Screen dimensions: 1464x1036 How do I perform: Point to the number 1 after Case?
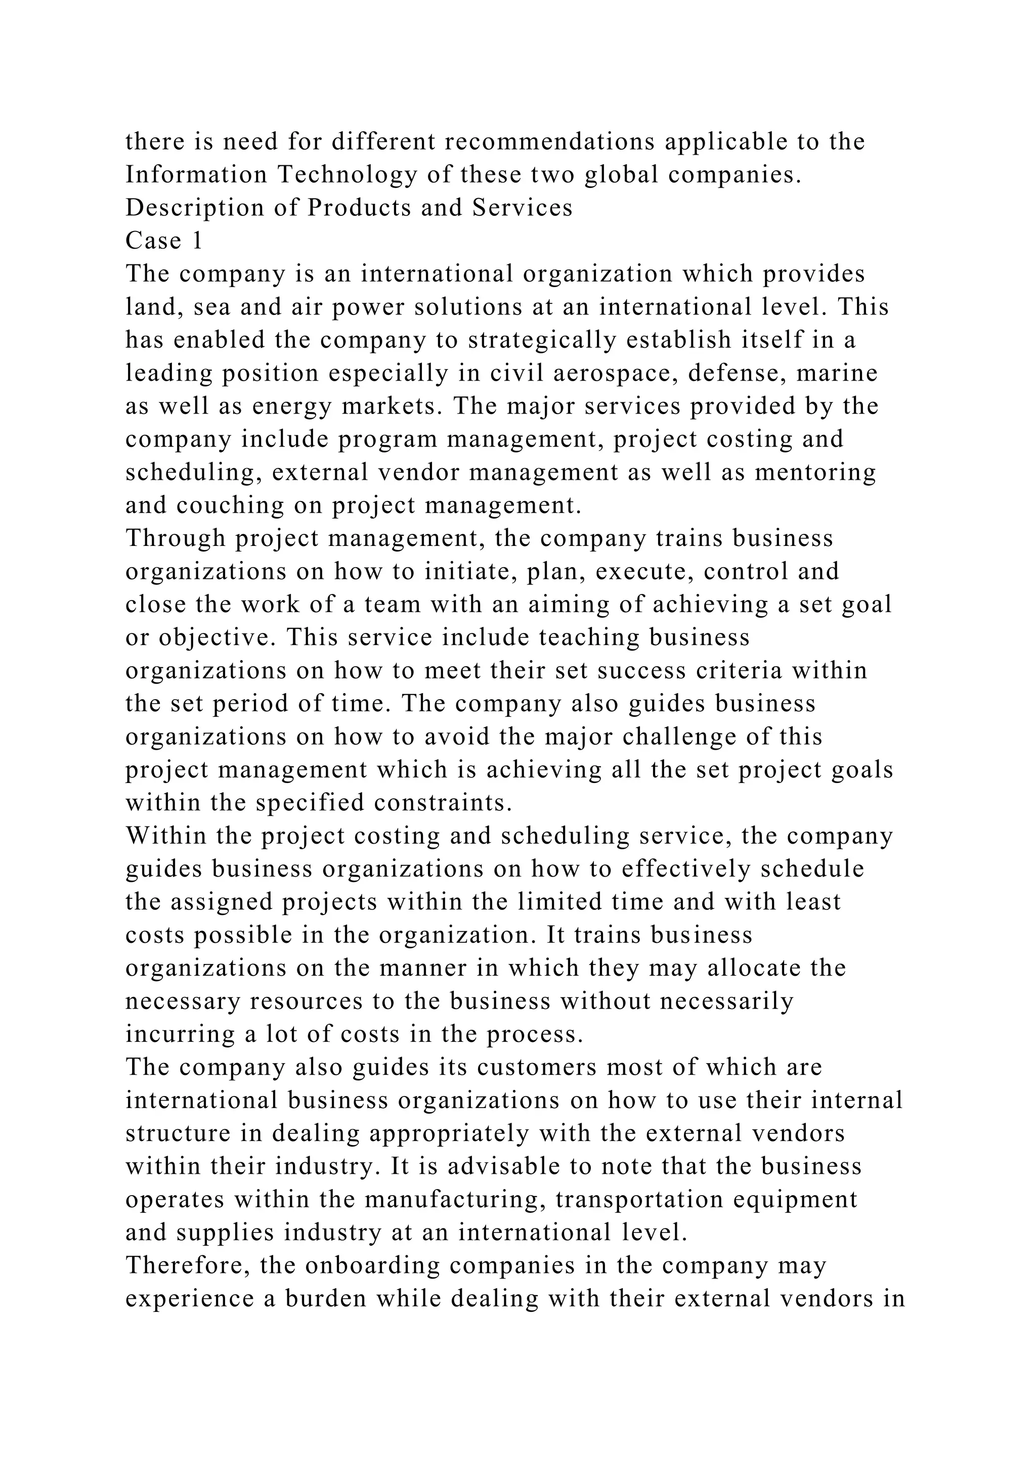coord(197,241)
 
